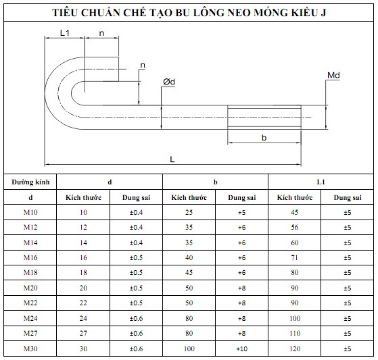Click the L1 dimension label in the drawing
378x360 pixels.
[x=65, y=32]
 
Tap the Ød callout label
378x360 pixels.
[x=169, y=82]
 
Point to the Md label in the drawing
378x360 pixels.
[x=333, y=76]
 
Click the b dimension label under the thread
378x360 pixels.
[x=264, y=138]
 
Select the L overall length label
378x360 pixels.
[x=172, y=159]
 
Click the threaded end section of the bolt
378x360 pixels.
[x=264, y=117]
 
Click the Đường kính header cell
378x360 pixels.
[x=30, y=182]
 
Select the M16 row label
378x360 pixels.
[x=30, y=257]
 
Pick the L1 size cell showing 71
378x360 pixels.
[x=294, y=257]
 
